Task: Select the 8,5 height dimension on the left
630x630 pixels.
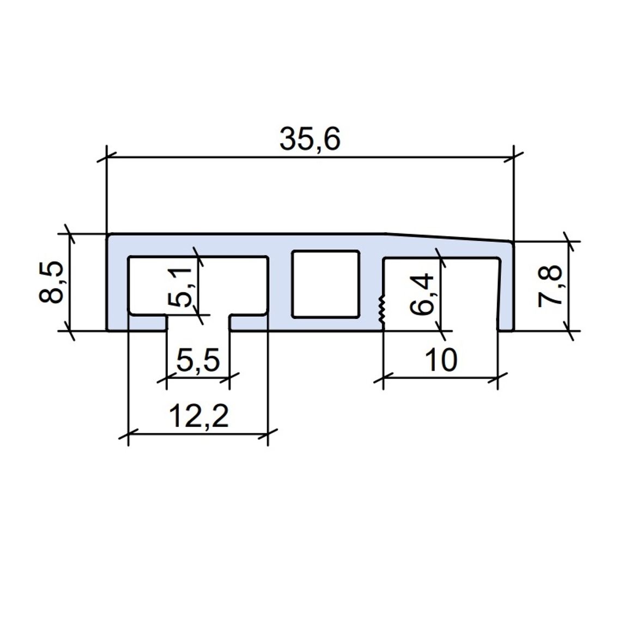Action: pyautogui.click(x=51, y=282)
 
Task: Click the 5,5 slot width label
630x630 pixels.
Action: pyautogui.click(x=198, y=360)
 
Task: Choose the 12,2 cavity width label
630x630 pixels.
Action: pyautogui.click(x=198, y=416)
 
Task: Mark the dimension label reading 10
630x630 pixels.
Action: pyautogui.click(x=440, y=360)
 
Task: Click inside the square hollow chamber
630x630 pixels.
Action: pyautogui.click(x=325, y=284)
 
